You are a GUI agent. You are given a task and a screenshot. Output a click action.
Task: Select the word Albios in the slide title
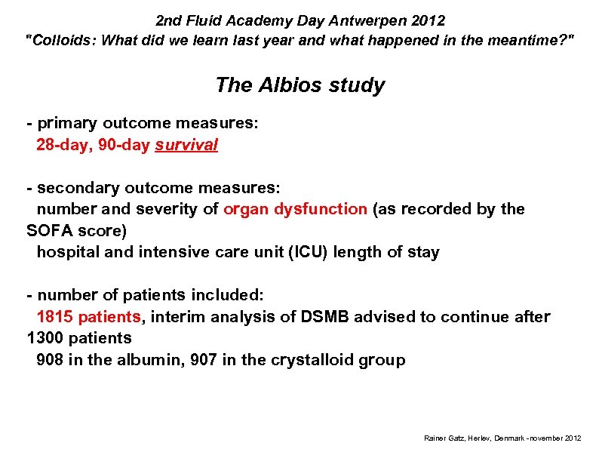coord(290,85)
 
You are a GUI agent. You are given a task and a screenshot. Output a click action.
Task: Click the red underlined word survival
coord(186,145)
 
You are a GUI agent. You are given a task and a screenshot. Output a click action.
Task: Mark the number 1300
coord(48,338)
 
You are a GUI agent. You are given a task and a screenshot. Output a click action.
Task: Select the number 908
coord(50,360)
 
